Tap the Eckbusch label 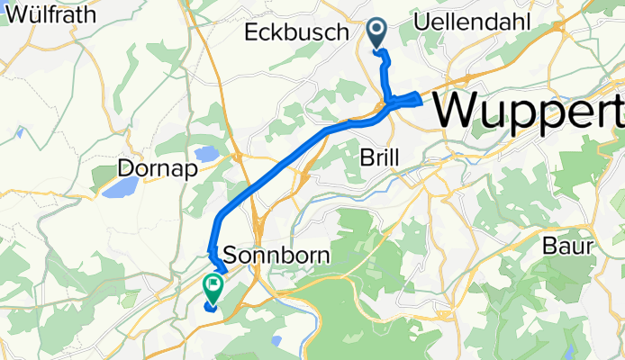[x=296, y=32]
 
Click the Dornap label [x=150, y=168]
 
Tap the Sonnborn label [x=275, y=256]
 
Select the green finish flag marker [x=214, y=286]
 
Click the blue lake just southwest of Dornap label [x=120, y=187]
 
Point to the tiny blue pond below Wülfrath [x=19, y=131]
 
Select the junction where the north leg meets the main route [x=390, y=103]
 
